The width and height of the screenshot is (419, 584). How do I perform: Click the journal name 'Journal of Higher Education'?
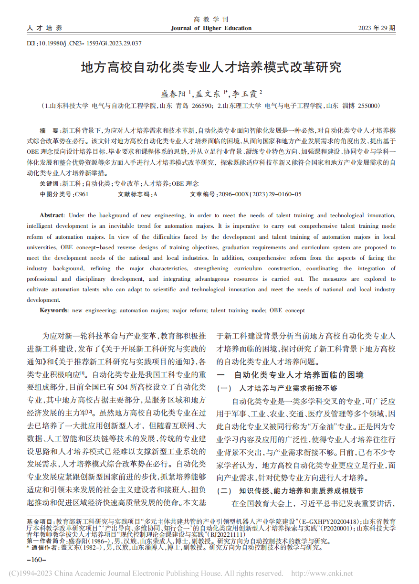coord(211,28)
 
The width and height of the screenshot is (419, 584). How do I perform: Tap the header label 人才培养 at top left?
coord(45,28)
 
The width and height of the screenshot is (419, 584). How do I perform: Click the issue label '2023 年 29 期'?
coord(377,28)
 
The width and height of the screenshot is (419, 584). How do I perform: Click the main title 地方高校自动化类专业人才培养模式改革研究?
coord(211,67)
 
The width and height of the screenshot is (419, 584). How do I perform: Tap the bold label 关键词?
coord(50,183)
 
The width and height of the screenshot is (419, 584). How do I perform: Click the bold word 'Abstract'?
coord(52,216)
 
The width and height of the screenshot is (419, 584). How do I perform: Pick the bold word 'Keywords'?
coord(53,310)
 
